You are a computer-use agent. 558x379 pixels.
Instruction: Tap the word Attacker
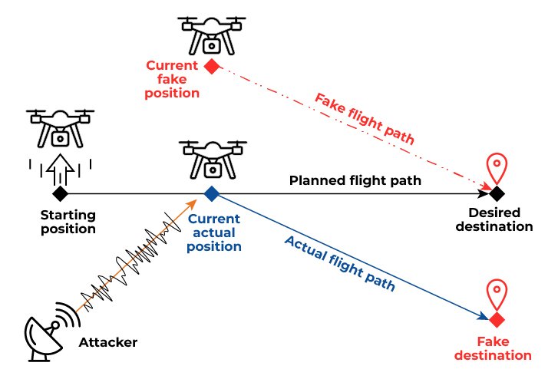click(108, 341)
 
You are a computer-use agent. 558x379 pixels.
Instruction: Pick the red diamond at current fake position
click(212, 66)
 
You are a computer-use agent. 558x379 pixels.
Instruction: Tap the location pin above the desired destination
click(499, 166)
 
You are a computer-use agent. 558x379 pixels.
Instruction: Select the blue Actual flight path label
click(339, 264)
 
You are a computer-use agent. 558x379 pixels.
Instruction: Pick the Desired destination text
click(503, 219)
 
